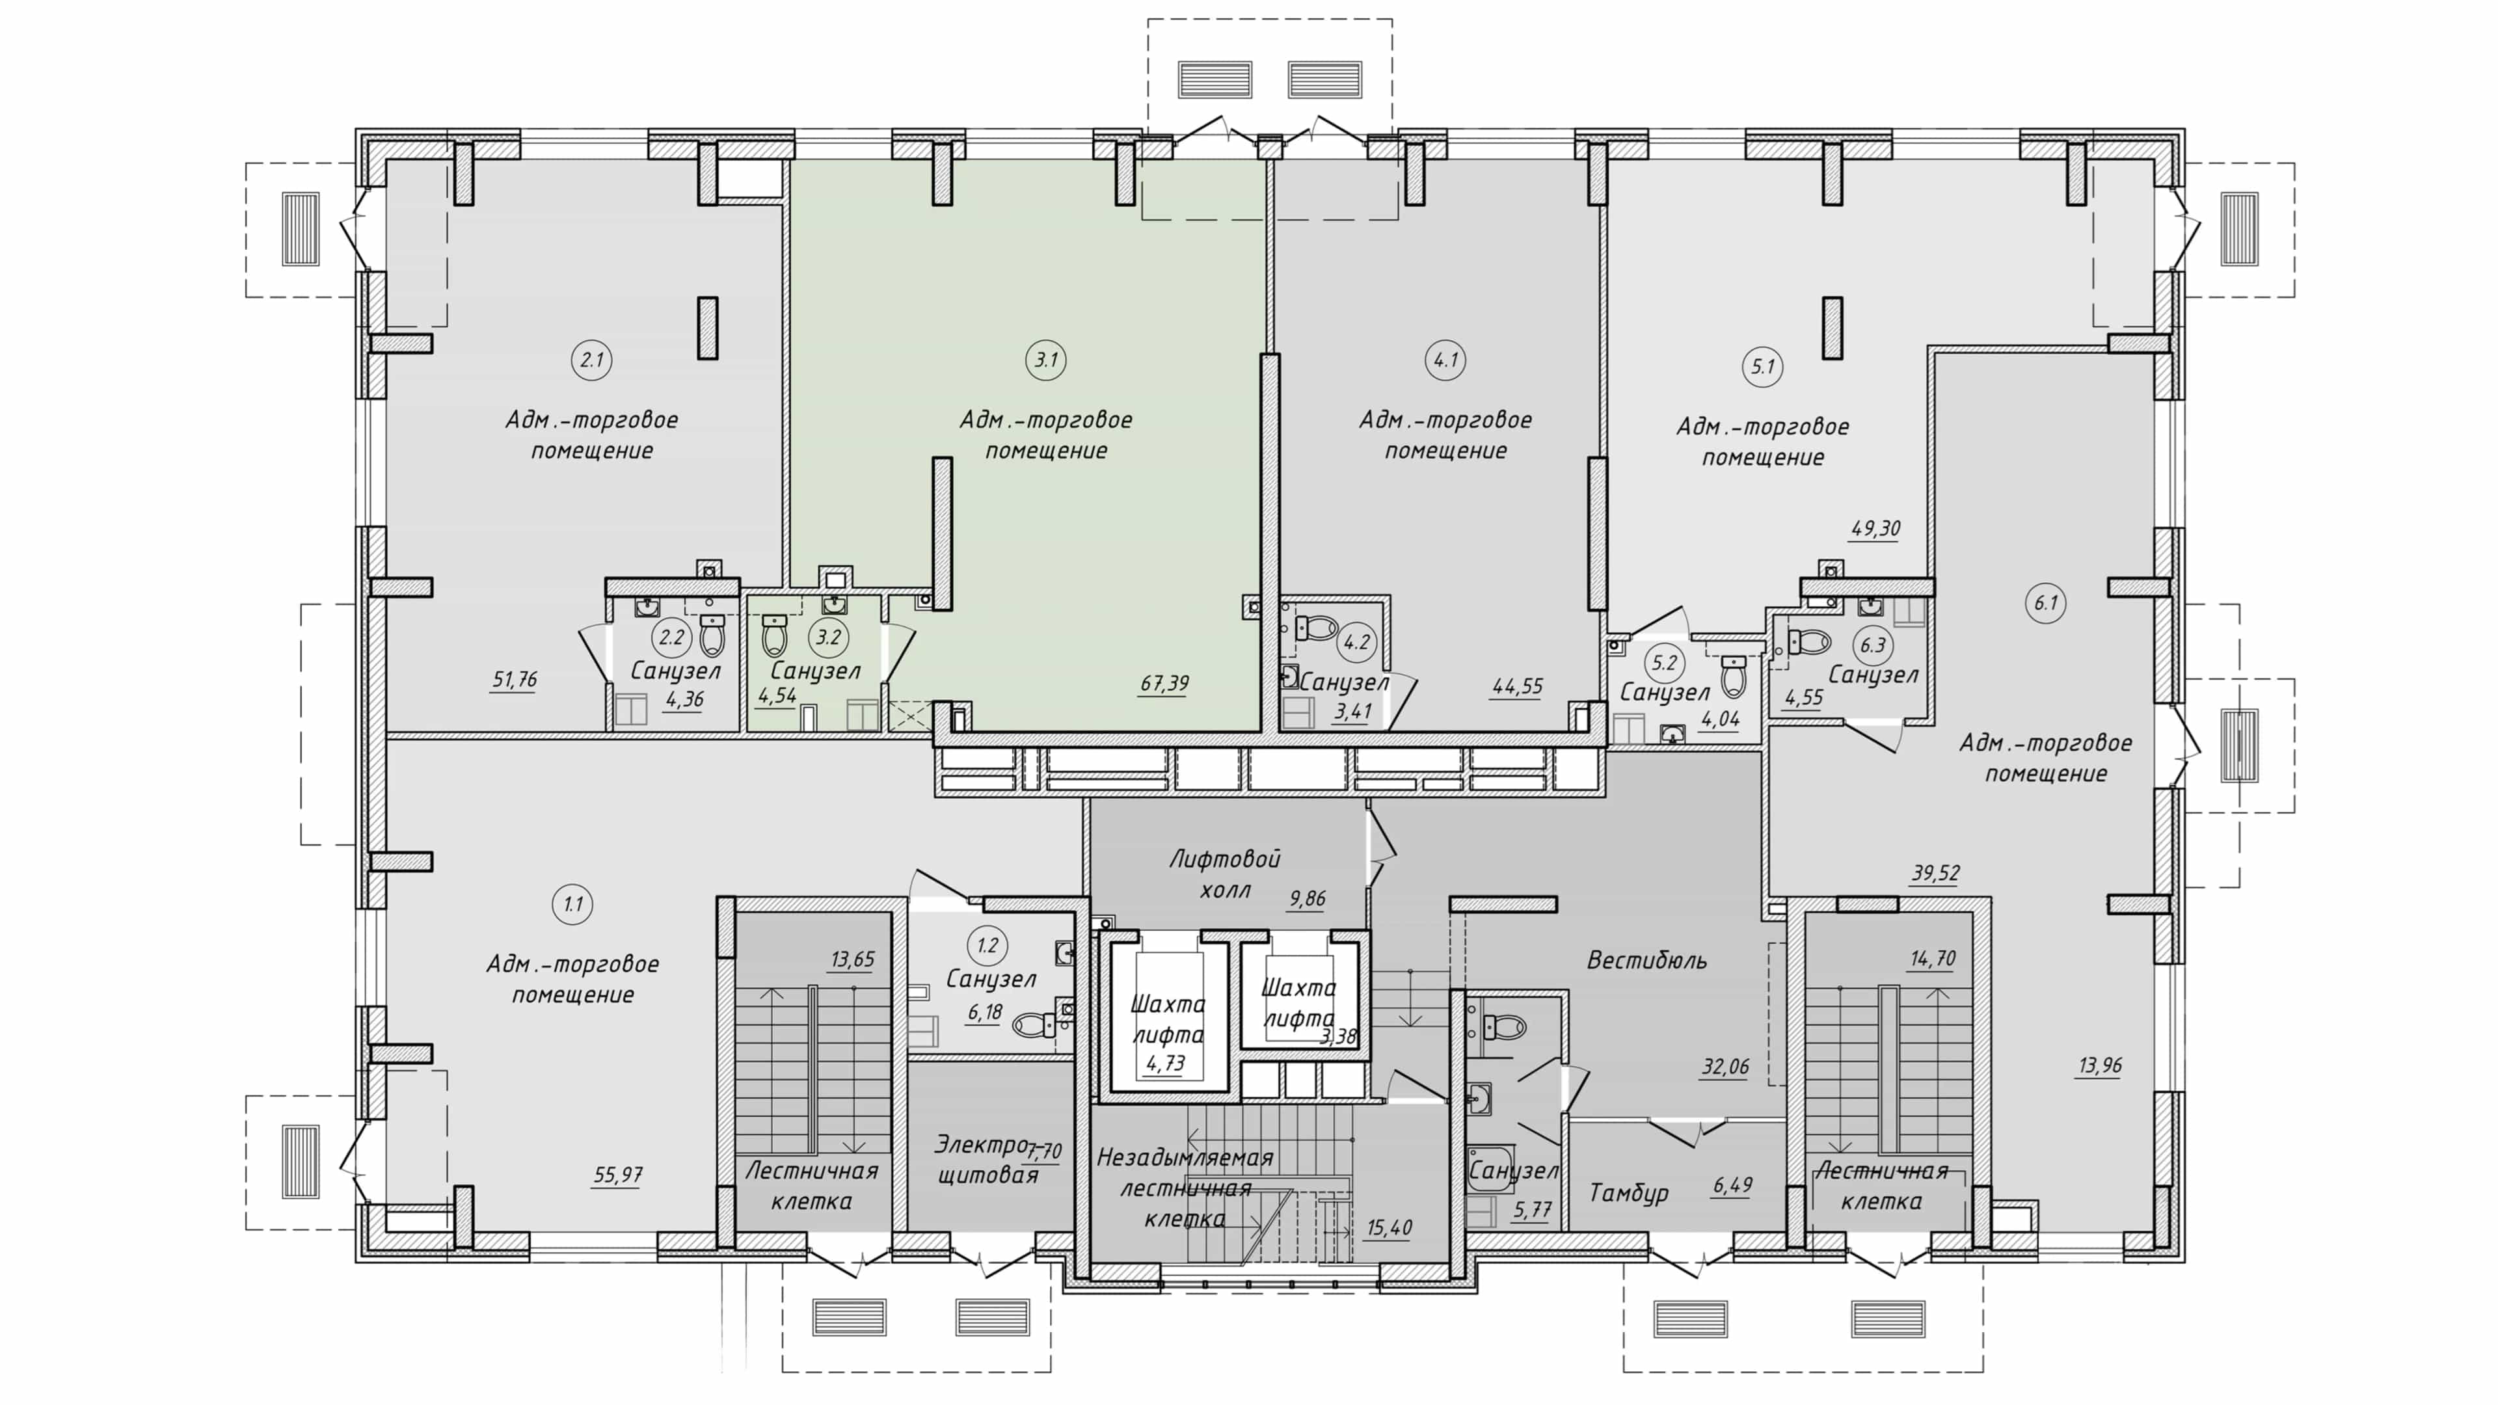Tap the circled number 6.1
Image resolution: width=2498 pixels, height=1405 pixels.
[x=2045, y=603]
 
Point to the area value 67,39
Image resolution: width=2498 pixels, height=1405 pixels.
[x=1164, y=684]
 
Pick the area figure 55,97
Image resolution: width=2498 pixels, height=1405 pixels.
[x=618, y=1175]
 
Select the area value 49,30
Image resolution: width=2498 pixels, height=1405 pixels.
[x=1874, y=529]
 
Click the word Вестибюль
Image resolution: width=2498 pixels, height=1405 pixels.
[x=1646, y=961]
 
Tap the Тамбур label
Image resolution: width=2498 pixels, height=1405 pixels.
[x=1628, y=1193]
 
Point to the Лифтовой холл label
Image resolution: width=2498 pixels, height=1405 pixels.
[x=1225, y=874]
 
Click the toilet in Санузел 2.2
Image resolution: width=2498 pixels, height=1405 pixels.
[x=713, y=634]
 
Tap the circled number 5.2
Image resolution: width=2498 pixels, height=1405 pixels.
[x=1664, y=663]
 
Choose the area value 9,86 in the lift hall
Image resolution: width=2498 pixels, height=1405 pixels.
[x=1307, y=899]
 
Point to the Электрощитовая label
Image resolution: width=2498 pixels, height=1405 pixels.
[x=986, y=1160]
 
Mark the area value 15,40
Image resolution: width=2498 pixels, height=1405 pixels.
[x=1389, y=1229]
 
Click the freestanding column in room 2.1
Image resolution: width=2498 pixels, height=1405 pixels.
[x=708, y=328]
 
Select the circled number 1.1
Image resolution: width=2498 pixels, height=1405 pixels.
[x=572, y=905]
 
